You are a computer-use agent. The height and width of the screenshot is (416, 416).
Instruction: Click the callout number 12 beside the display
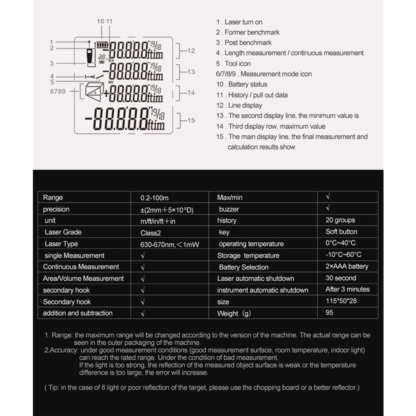pyautogui.click(x=191, y=51)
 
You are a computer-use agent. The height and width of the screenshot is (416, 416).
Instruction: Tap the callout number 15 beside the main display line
pyautogui.click(x=191, y=120)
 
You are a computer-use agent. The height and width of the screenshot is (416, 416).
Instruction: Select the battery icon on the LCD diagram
pyautogui.click(x=101, y=45)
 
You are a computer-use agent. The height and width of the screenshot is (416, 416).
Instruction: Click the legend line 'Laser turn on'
pyautogui.click(x=239, y=22)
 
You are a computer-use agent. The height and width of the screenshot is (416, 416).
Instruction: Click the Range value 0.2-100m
pyautogui.click(x=154, y=198)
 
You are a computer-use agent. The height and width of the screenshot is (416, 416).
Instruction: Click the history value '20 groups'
pyautogui.click(x=340, y=220)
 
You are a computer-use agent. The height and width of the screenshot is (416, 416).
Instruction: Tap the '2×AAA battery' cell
pyautogui.click(x=347, y=266)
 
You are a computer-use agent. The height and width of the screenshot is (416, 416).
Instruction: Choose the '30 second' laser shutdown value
pyautogui.click(x=341, y=278)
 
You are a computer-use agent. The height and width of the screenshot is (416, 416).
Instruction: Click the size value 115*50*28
pyautogui.click(x=341, y=301)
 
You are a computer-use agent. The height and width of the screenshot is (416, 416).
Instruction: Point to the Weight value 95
pyautogui.click(x=329, y=312)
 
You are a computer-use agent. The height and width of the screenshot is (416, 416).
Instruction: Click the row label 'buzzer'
pyautogui.click(x=229, y=209)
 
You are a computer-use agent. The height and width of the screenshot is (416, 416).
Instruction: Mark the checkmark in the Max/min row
pyautogui.click(x=328, y=196)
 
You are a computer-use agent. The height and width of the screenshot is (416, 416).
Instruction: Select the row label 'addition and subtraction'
pyautogui.click(x=77, y=313)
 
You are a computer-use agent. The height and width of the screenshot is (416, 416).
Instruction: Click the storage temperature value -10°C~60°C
pyautogui.click(x=343, y=255)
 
